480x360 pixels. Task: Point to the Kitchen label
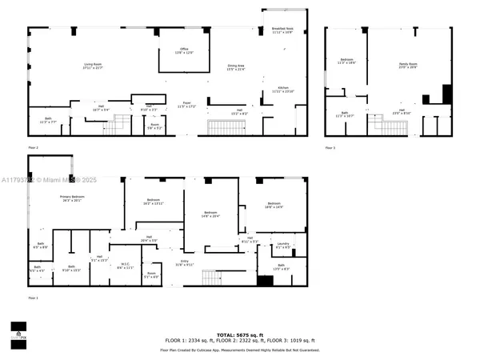[x=283, y=90]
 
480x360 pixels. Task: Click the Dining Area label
[x=236, y=67]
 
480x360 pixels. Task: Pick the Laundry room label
[x=282, y=245]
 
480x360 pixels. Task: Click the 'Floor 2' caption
[x=33, y=148]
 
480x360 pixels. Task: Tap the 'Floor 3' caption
[x=330, y=148]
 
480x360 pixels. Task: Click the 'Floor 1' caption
[x=33, y=298]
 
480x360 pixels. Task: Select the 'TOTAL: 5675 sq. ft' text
[x=240, y=334]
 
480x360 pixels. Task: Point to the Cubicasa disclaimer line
[x=240, y=350]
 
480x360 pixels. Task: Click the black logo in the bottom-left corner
[x=17, y=330]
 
